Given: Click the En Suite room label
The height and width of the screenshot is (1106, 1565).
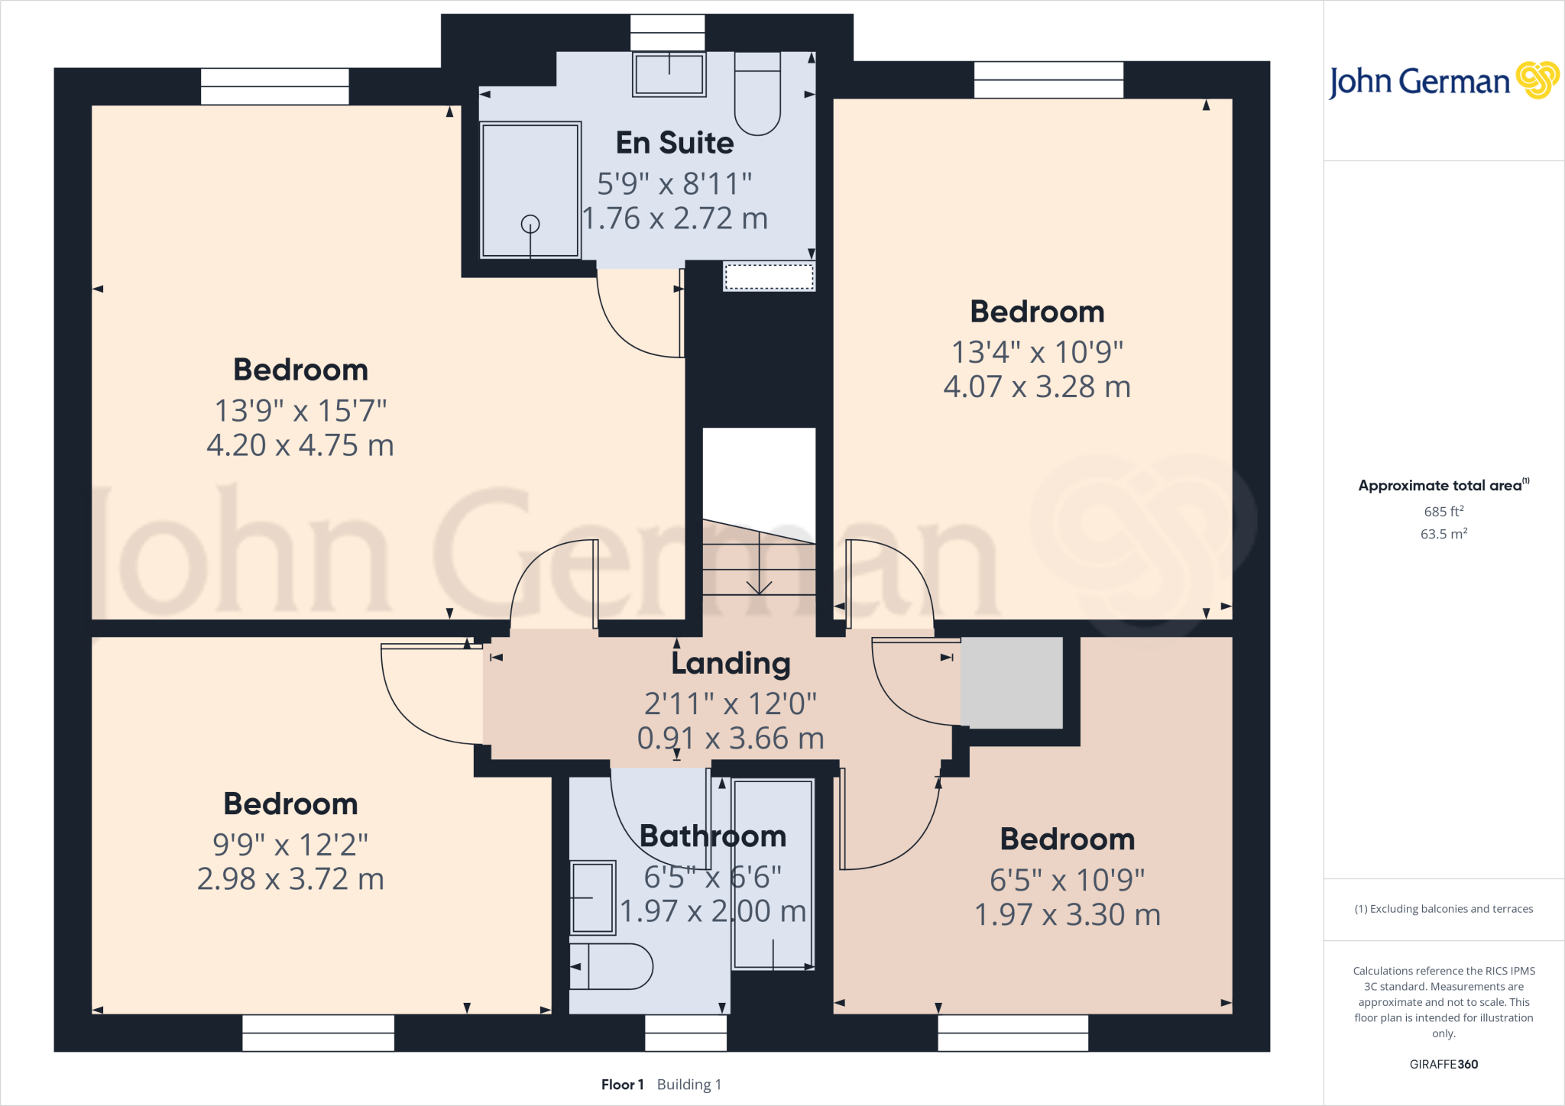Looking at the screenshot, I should pyautogui.click(x=675, y=143).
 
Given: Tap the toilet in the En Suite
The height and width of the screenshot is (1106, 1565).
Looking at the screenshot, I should pyautogui.click(x=757, y=95).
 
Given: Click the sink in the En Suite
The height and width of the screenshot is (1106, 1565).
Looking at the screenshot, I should pyautogui.click(x=669, y=75).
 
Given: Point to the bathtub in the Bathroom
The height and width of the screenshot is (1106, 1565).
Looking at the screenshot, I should pyautogui.click(x=773, y=875).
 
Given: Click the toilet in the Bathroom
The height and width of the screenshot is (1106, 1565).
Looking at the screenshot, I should pyautogui.click(x=611, y=966).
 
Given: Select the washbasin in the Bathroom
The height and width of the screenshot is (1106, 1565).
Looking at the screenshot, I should pyautogui.click(x=593, y=897).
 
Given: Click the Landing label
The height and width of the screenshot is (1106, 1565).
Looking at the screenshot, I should pyautogui.click(x=731, y=663).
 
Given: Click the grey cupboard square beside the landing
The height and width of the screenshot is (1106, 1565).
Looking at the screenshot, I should pyautogui.click(x=1012, y=682).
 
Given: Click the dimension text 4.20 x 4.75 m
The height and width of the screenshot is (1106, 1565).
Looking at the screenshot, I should pyautogui.click(x=300, y=445).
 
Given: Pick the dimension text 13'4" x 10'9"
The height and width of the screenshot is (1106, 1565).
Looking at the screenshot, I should pyautogui.click(x=1037, y=352).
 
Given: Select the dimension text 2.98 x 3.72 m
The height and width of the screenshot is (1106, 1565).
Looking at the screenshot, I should pyautogui.click(x=290, y=879).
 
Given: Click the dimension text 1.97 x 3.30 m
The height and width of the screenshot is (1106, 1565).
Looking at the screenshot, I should pyautogui.click(x=1068, y=914).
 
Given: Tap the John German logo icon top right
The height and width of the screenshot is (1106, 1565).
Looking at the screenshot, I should pyautogui.click(x=1537, y=80).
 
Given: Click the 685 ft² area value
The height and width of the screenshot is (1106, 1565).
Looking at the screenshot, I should pyautogui.click(x=1443, y=511).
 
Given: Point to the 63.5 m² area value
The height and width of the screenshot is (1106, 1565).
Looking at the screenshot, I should pyautogui.click(x=1443, y=534).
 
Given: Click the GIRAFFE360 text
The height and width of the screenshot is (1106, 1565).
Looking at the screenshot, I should pyautogui.click(x=1443, y=1064).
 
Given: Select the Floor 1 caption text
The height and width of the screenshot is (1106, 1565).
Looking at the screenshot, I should pyautogui.click(x=622, y=1085).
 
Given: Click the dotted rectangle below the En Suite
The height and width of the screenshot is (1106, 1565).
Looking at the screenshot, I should pyautogui.click(x=769, y=276).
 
